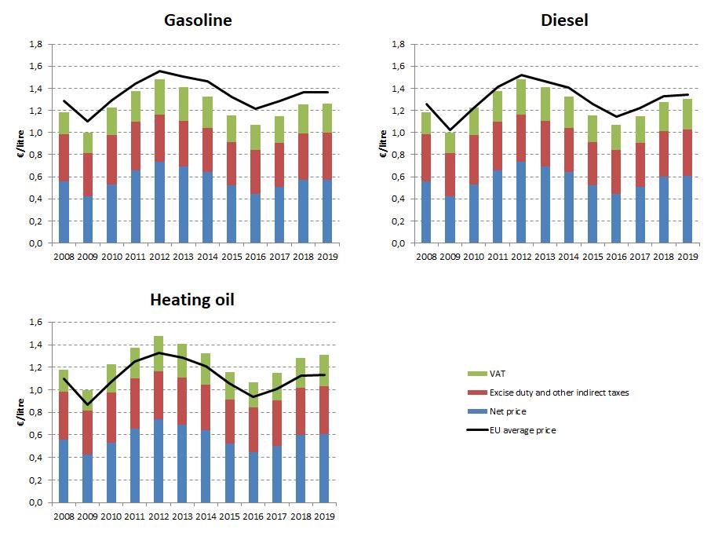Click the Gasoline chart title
198,20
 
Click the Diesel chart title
564,20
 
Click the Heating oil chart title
193,300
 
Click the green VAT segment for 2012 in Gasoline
160,97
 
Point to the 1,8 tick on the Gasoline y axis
35,45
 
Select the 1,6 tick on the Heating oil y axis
36,322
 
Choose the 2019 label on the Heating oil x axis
324,517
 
